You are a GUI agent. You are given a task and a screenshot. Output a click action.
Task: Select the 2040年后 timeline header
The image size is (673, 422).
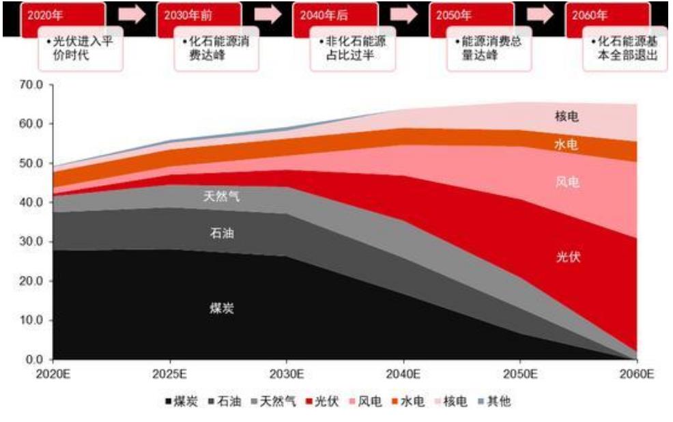(x=335, y=15)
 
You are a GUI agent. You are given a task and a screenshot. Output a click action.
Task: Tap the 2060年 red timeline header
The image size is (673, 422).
(x=608, y=15)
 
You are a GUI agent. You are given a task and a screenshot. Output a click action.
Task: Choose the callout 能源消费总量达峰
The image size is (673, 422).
(x=487, y=48)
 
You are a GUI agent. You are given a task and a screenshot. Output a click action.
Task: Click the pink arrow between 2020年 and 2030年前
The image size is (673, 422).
(x=132, y=15)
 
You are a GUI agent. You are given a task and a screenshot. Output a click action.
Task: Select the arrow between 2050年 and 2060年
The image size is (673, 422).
(x=541, y=15)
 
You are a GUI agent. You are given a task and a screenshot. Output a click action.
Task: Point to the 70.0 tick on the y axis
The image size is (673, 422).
(x=31, y=85)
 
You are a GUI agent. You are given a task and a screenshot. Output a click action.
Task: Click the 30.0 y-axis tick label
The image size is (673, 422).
(x=31, y=242)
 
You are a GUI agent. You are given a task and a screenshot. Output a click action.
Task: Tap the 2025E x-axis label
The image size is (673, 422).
(x=170, y=374)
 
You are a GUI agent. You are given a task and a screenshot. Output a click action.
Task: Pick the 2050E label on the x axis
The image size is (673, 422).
(x=520, y=374)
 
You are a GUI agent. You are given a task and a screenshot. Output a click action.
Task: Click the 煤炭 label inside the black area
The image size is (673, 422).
(x=222, y=308)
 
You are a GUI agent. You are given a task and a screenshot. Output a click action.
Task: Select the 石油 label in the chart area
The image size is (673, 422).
(x=222, y=234)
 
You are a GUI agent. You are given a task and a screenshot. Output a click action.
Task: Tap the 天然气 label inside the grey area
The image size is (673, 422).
(x=222, y=197)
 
